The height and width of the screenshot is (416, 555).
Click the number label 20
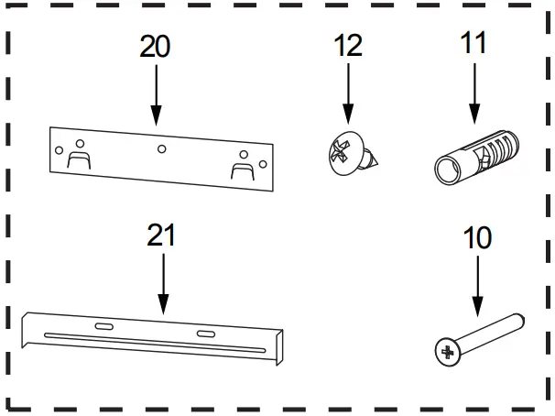[x=155, y=47]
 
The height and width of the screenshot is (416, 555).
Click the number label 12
[x=348, y=47]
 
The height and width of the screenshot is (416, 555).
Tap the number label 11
[x=473, y=43]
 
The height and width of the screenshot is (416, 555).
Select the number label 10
[x=476, y=238]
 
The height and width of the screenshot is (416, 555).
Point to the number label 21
[x=161, y=235]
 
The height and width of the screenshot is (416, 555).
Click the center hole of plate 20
[x=161, y=148]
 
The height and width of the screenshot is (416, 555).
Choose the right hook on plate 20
[x=243, y=168]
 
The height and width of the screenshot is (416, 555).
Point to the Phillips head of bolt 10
[x=447, y=351]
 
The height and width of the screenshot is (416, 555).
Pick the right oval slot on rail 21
[x=204, y=333]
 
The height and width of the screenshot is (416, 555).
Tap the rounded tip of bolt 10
[x=518, y=320]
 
